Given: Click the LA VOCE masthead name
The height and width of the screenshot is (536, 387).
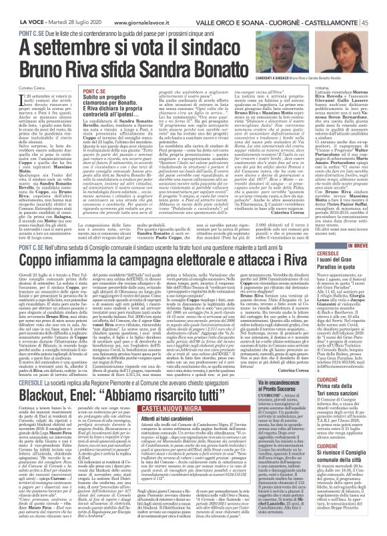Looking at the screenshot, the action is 22,5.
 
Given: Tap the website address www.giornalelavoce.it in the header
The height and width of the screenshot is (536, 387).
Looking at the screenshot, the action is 141,5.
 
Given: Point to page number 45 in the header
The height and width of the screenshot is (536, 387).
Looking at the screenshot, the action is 378,5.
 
